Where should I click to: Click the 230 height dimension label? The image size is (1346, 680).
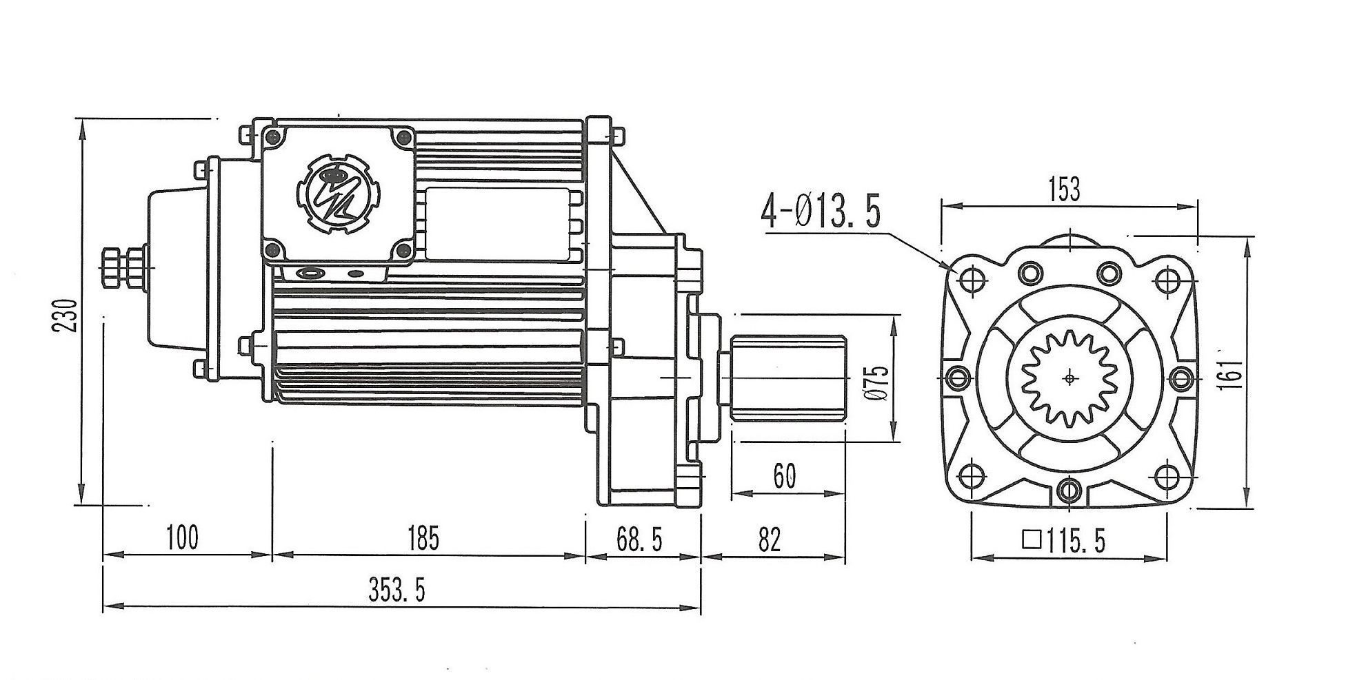pos(65,314)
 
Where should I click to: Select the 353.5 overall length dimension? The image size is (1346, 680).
pos(396,590)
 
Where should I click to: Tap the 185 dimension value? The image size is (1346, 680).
pos(423,538)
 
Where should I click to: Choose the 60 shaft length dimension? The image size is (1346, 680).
pos(785,476)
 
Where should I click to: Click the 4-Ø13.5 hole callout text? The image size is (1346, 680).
pos(821,213)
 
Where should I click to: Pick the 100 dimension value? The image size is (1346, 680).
pos(182,538)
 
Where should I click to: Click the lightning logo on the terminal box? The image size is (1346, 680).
pos(337,196)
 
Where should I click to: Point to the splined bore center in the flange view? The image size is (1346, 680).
pos(1069,378)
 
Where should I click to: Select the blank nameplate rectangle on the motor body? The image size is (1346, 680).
pos(497,224)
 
